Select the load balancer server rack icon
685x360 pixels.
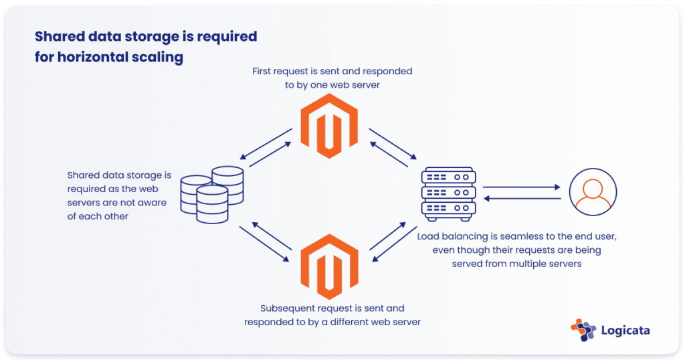tap(448, 193)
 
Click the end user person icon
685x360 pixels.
tap(593, 193)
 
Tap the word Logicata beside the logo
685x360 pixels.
tap(625, 331)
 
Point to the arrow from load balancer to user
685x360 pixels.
tap(522, 187)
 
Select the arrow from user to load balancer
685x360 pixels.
tap(522, 198)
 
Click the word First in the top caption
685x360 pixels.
tap(263, 71)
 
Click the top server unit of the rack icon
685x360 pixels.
tap(448, 178)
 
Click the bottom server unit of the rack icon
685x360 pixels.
tap(448, 209)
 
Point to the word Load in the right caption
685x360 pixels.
tap(429, 237)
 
